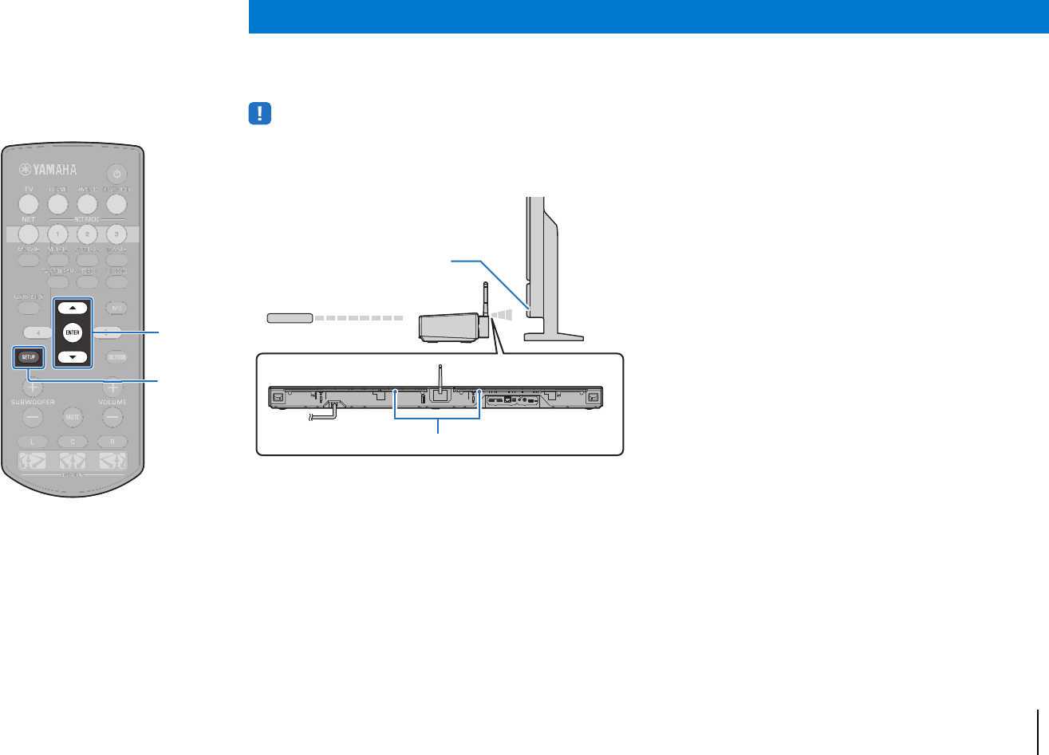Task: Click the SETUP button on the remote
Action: (x=27, y=357)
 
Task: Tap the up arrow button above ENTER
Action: (x=73, y=308)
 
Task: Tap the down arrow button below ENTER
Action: (x=73, y=357)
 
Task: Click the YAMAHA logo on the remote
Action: (x=49, y=169)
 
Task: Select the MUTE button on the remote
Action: (x=73, y=417)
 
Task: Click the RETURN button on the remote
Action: (x=116, y=357)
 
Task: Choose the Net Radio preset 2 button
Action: (x=87, y=234)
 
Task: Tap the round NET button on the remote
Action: (x=28, y=234)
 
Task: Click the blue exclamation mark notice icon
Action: (x=260, y=114)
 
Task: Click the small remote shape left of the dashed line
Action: (x=288, y=318)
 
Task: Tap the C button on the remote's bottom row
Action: (x=73, y=441)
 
